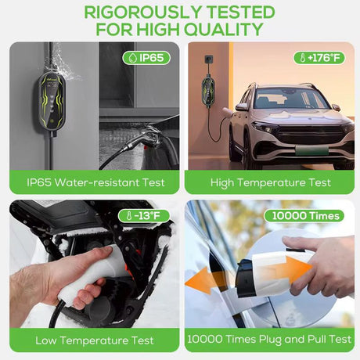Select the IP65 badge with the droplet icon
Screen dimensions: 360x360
pos(146,58)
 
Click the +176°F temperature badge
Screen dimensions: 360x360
pos(319,58)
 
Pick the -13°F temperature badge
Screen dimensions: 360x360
pos(144,216)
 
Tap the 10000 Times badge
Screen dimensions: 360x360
pos(304,216)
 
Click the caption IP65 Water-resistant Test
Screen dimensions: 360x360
pos(95,182)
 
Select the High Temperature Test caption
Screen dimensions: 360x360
pos(271,182)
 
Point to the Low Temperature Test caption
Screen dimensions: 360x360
pos(95,340)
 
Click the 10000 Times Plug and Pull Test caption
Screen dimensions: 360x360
pos(269,339)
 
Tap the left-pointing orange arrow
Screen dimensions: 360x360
pos(204,281)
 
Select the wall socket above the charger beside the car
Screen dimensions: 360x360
pos(208,60)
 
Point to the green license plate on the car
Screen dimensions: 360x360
pos(311,151)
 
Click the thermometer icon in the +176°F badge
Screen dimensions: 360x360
pos(303,58)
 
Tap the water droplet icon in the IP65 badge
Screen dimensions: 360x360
pos(133,58)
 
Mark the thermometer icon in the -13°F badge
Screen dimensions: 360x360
pos(129,216)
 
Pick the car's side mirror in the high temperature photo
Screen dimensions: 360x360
pos(241,106)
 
